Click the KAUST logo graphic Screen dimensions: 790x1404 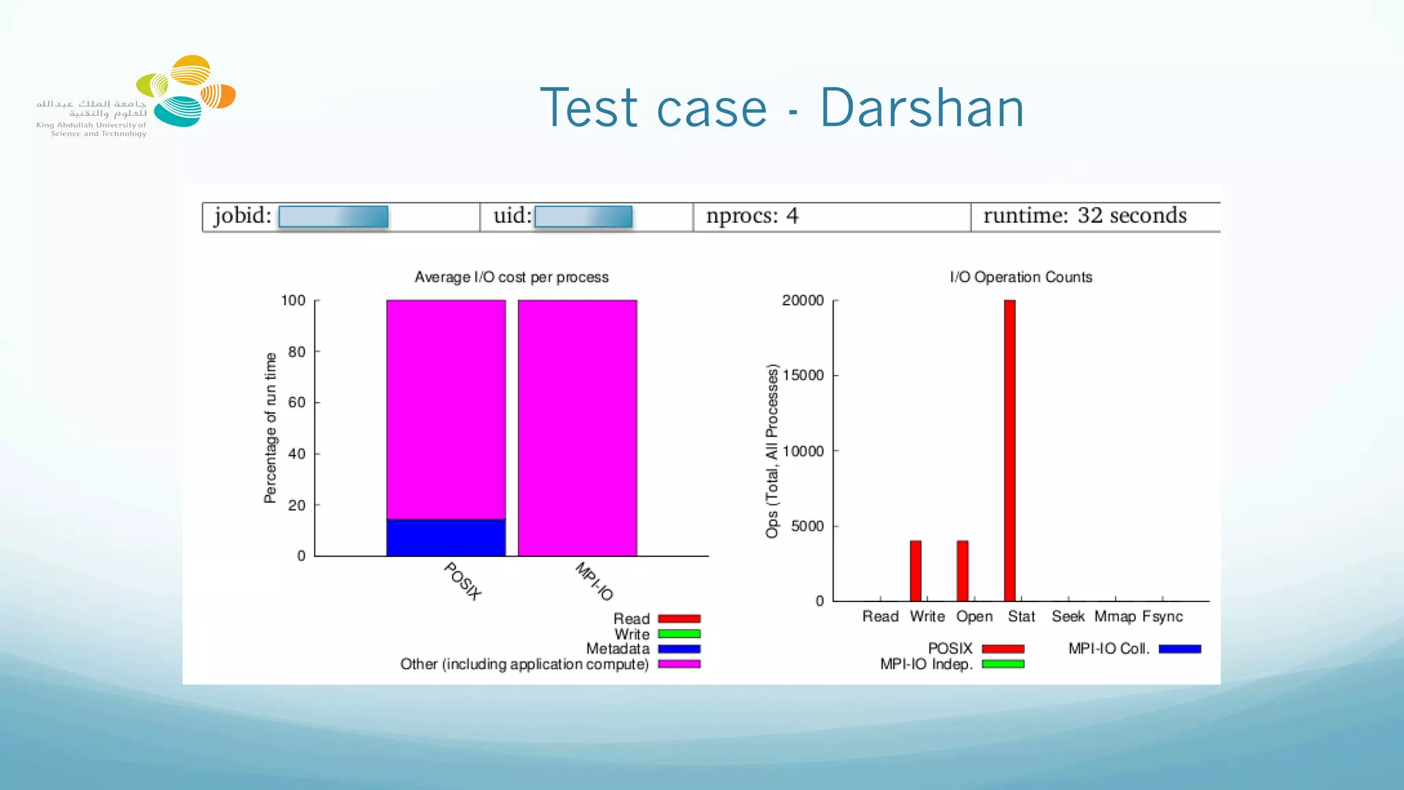pos(186,91)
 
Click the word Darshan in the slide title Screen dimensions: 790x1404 pos(921,108)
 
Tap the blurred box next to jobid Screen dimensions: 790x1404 pos(333,217)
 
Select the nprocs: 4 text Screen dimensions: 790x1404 pos(752,216)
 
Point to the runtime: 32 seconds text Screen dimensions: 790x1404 pos(1085,216)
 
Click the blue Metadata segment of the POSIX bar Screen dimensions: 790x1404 pos(446,538)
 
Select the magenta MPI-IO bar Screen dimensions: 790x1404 pos(577,427)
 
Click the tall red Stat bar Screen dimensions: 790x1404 pos(1009,450)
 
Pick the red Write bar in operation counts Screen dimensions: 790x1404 pos(915,571)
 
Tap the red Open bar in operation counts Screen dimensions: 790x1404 pos(963,571)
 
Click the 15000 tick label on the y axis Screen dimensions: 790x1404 pos(803,376)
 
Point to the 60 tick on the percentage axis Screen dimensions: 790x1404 pos(297,403)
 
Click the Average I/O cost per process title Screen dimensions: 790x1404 pos(511,277)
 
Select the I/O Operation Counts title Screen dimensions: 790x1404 pos(1021,277)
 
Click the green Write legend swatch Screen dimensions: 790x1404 pos(679,634)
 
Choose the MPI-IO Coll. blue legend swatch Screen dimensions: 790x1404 pos(1179,649)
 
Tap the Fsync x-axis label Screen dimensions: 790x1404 pos(1162,617)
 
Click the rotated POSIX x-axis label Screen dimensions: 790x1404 pos(463,581)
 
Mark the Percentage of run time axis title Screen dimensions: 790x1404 pos(271,428)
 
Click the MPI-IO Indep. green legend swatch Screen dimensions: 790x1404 pos(1003,664)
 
